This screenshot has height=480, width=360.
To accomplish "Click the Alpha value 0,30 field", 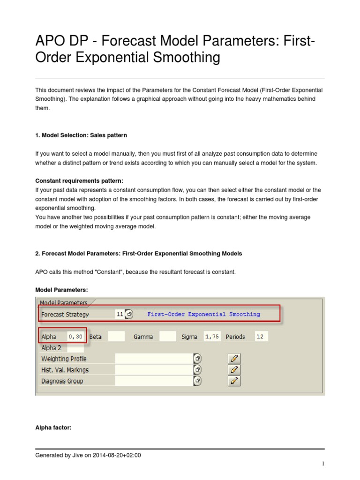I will [75, 337].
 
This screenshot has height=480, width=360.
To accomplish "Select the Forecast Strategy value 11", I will [120, 314].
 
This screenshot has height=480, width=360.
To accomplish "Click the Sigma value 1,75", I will [212, 337].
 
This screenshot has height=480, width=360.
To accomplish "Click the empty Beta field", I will [116, 337].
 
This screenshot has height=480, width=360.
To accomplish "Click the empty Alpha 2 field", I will [75, 348].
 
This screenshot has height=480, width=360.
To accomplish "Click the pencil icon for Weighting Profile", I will [234, 359].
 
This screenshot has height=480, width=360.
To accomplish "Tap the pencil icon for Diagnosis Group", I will [234, 381].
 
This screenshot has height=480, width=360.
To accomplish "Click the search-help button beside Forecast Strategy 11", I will [129, 314].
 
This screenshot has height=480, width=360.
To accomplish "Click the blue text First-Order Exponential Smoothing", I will [203, 314].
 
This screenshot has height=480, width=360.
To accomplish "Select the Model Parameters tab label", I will [64, 303].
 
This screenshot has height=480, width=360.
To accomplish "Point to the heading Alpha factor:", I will [53, 427].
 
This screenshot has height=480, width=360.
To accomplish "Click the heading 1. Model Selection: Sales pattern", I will [81, 135].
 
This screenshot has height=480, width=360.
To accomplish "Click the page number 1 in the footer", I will [323, 464].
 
